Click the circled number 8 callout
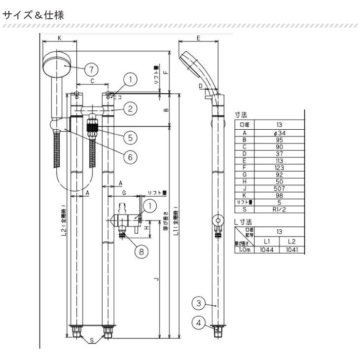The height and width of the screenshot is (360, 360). (x=141, y=251)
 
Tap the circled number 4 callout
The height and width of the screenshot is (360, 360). (x=198, y=323)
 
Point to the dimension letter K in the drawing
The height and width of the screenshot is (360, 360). (x=60, y=37)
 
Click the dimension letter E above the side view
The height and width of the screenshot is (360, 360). (x=197, y=37)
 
